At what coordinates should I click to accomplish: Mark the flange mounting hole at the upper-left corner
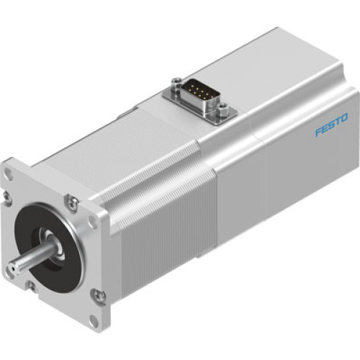[x=9, y=173]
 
